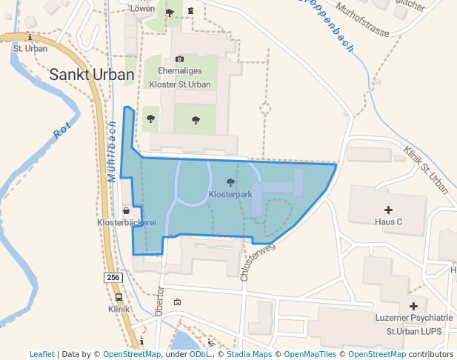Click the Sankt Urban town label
click(92, 75)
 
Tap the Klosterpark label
click(230, 195)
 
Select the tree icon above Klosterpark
click(230, 182)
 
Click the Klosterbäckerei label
click(127, 222)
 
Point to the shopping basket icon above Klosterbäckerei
click(127, 210)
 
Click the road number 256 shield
click(113, 277)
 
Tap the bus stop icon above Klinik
click(119, 297)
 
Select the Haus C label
click(388, 221)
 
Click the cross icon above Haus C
click(388, 210)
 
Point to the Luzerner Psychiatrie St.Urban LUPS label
click(413, 324)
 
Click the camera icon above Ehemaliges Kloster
click(179, 59)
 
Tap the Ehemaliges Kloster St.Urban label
click(180, 77)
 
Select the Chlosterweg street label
click(257, 261)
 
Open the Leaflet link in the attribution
click(41, 354)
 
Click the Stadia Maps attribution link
click(249, 354)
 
